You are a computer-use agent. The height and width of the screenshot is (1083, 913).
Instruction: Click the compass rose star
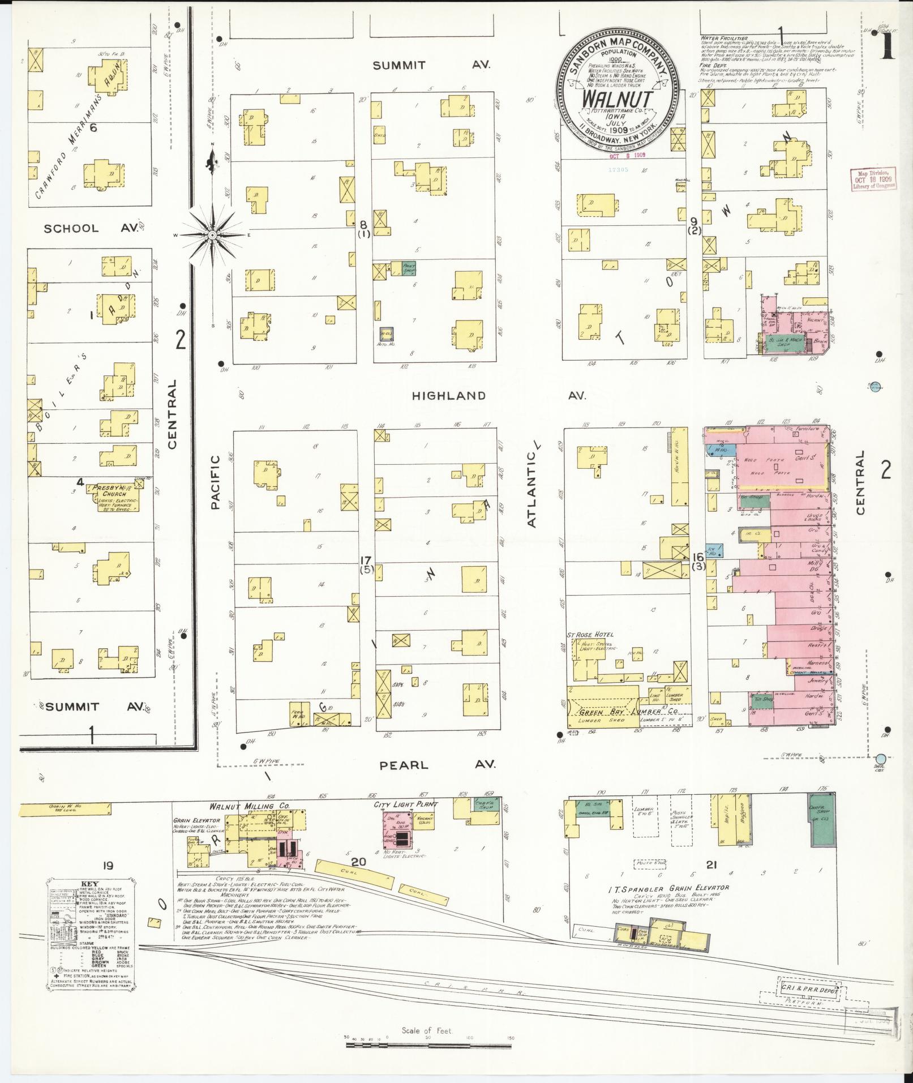(x=212, y=234)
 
